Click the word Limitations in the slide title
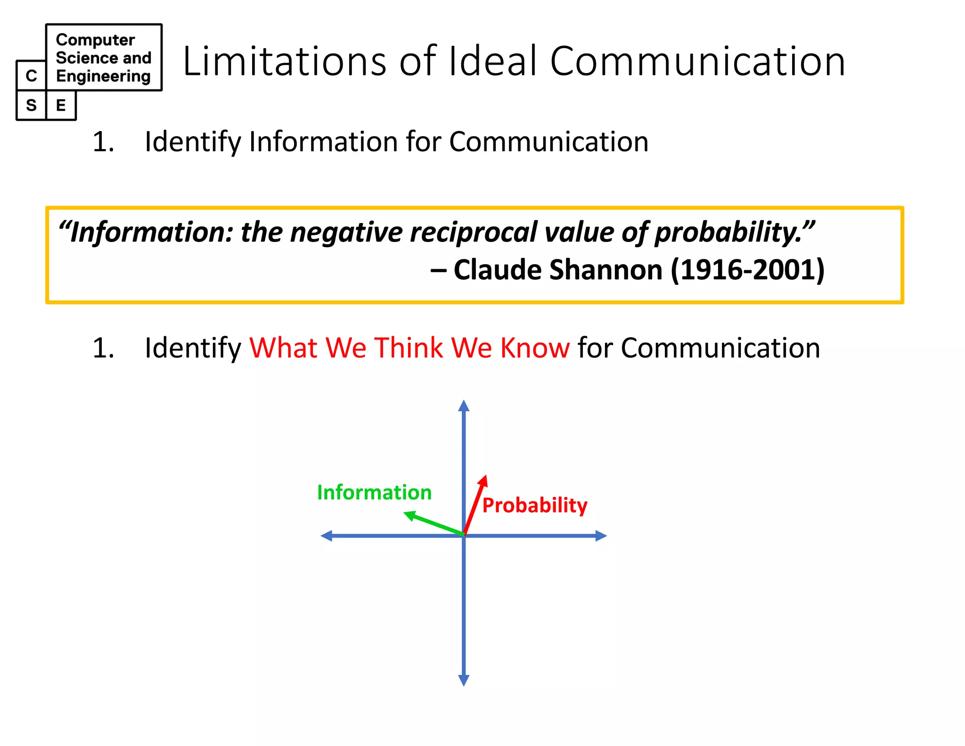284,61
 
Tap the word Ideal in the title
493,61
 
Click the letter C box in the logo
32,75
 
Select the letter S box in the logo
32,105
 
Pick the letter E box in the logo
61,105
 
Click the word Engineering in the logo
103,76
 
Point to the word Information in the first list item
323,141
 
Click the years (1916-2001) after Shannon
747,270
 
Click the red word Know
535,348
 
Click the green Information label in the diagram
374,492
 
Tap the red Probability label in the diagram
535,505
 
